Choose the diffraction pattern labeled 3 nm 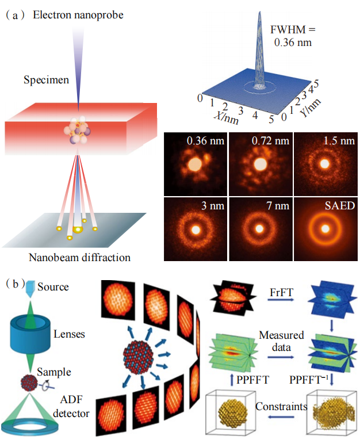click(196, 229)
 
